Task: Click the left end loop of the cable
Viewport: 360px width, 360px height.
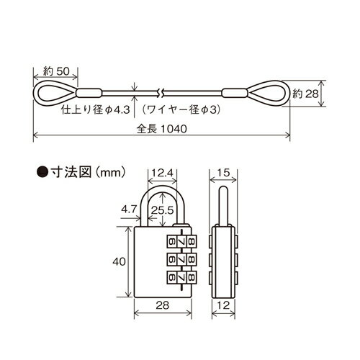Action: coord(51,92)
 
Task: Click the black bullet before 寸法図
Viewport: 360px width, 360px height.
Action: coord(42,172)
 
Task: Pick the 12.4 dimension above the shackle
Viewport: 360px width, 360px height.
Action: coord(163,172)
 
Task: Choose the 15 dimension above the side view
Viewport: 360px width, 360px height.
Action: coord(222,172)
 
